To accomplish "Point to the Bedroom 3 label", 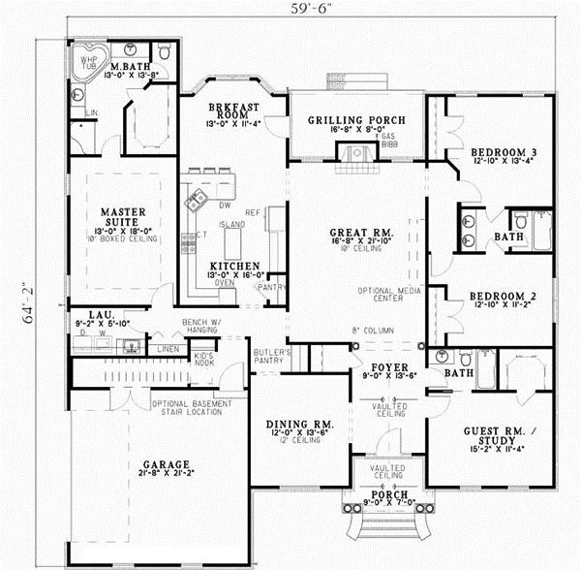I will (x=501, y=152).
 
